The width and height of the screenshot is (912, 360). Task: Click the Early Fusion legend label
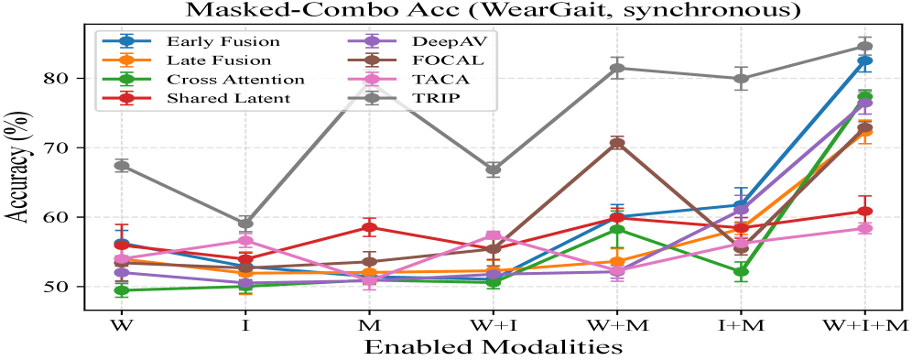click(223, 41)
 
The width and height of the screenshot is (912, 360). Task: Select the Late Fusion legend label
click(219, 60)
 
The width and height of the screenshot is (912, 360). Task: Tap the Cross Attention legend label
click(231, 79)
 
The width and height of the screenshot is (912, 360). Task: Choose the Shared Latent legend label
click(228, 98)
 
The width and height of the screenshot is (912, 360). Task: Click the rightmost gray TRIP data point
click(865, 46)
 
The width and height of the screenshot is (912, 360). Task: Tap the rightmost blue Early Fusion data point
click(865, 61)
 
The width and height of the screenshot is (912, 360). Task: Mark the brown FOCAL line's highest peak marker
click(617, 143)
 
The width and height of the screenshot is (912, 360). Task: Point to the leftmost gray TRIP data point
click(122, 166)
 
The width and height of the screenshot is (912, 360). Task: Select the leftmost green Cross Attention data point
click(122, 289)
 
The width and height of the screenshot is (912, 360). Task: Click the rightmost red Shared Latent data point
click(865, 212)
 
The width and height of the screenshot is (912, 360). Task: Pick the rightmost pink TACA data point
click(865, 227)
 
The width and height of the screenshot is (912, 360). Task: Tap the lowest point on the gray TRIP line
click(245, 224)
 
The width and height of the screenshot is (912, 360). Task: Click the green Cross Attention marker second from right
click(741, 271)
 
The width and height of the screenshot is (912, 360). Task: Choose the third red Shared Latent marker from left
click(369, 226)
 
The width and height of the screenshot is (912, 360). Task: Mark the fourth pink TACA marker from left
click(494, 235)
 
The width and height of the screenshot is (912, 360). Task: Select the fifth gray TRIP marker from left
click(617, 68)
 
